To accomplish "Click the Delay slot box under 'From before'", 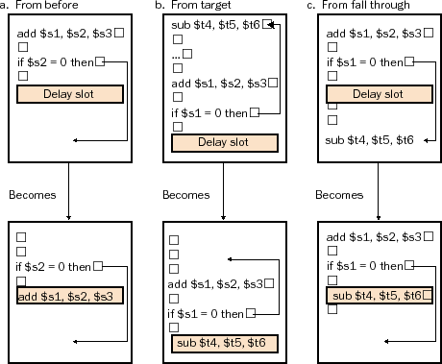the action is [x=69, y=94].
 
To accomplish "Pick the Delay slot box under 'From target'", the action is [x=223, y=142].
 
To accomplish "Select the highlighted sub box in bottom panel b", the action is [x=223, y=343].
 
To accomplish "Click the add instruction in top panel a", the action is [x=62, y=35].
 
